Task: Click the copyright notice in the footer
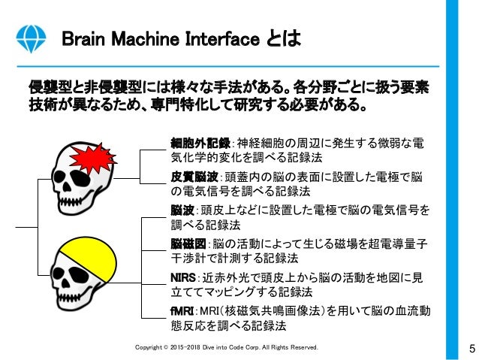[225, 348]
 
